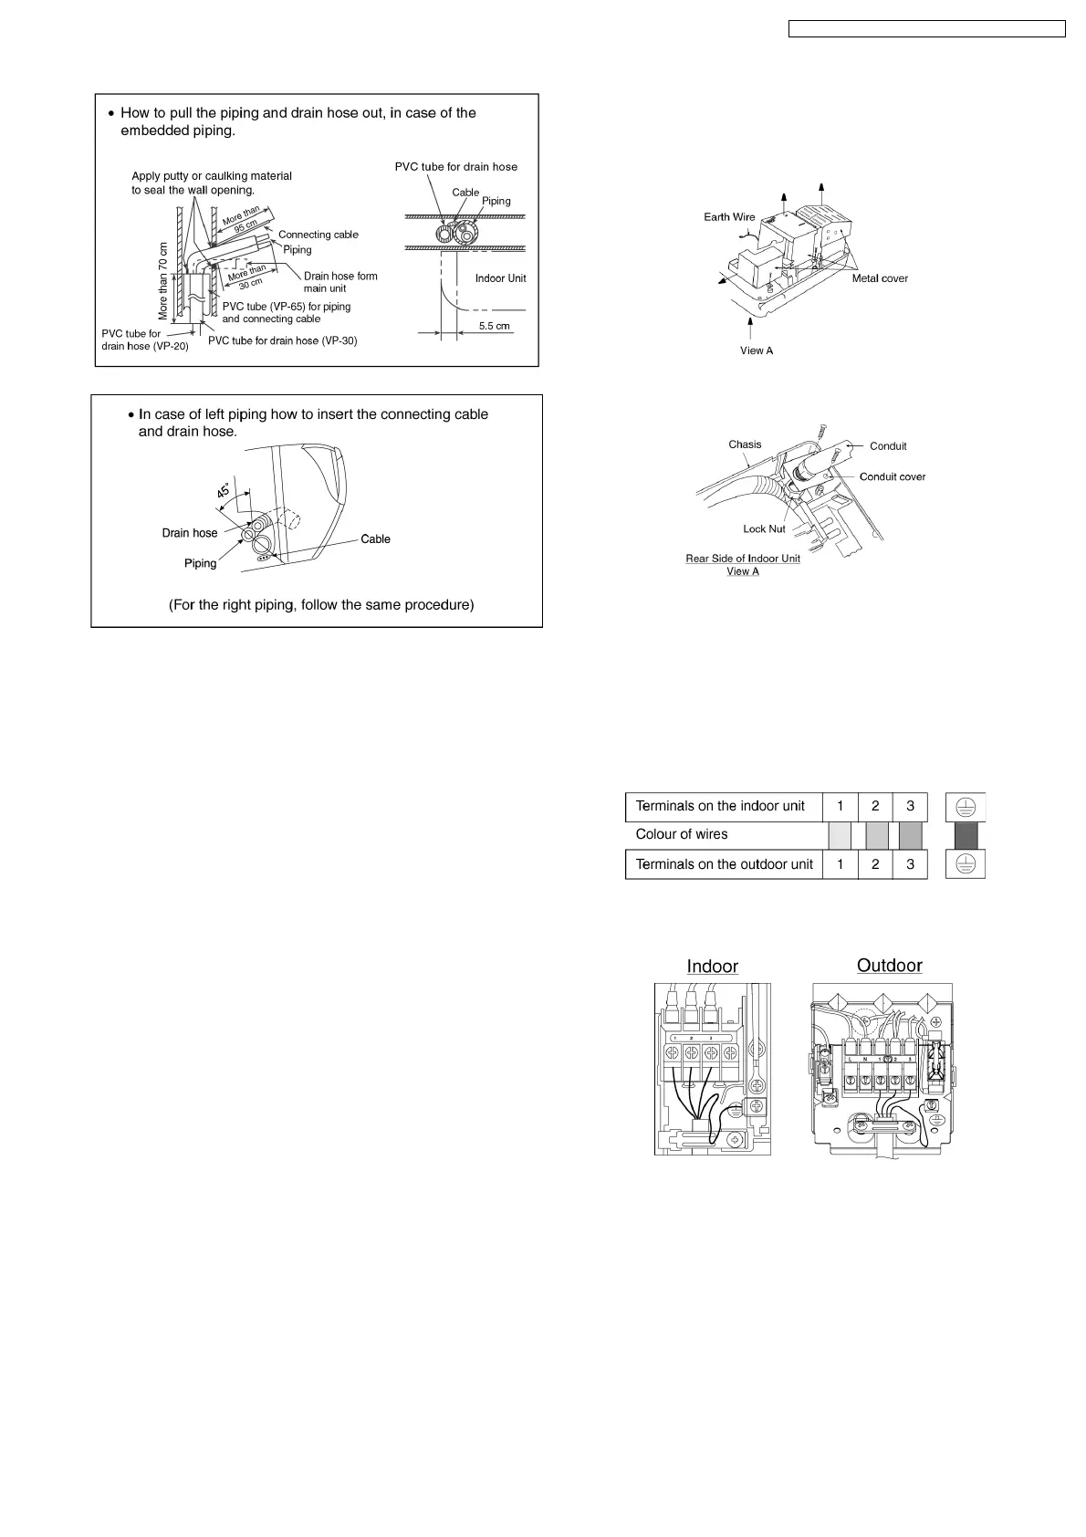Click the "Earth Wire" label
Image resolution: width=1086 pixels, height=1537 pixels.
coord(729,217)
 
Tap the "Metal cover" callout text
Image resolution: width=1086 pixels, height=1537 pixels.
coord(880,278)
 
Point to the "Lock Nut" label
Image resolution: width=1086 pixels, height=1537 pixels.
coord(764,529)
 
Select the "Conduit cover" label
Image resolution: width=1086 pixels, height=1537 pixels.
coord(892,476)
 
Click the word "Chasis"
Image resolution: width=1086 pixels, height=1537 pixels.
coord(745,444)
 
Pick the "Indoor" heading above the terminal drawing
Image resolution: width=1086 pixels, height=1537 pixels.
coord(712,967)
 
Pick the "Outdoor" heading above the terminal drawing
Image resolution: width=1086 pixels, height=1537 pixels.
coord(889,966)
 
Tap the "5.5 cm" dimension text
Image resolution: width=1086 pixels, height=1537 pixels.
coord(494,326)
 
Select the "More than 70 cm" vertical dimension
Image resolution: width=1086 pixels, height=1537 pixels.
coord(164,281)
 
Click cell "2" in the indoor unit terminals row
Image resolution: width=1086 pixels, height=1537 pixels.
coord(875,806)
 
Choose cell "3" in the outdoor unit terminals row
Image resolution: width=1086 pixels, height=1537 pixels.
coord(910,864)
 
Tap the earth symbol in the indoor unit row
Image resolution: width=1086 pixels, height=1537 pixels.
coord(966,806)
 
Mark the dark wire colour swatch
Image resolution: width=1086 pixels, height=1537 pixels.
coord(966,835)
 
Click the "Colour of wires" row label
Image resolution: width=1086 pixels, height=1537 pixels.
coord(682,834)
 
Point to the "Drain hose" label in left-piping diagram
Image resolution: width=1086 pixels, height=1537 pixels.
coord(190,533)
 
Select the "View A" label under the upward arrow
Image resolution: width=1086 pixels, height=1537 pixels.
coord(757,350)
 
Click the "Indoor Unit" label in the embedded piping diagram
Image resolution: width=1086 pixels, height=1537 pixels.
coord(500,278)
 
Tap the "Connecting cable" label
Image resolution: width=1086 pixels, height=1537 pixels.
coord(318,235)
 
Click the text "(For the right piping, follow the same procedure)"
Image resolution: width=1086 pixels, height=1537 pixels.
coord(321,605)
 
